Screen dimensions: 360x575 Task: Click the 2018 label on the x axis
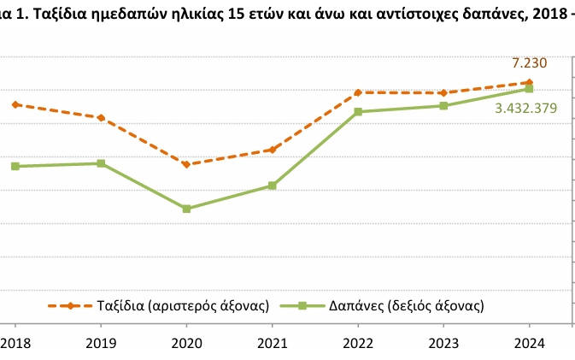(x=15, y=343)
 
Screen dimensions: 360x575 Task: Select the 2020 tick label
(x=186, y=343)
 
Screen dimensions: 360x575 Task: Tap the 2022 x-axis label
(x=358, y=343)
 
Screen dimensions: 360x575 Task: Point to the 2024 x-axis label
(x=529, y=343)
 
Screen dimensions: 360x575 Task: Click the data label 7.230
(x=528, y=62)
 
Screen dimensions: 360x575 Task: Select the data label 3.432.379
(x=526, y=108)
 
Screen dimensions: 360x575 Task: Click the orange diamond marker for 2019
(x=101, y=117)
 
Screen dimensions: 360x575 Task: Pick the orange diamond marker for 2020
(x=186, y=164)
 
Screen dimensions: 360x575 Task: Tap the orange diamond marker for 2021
(x=272, y=150)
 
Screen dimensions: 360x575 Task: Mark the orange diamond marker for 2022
(x=358, y=92)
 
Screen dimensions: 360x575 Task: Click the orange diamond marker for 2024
(x=529, y=82)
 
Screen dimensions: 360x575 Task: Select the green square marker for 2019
(x=101, y=163)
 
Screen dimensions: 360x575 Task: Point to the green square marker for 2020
(x=186, y=209)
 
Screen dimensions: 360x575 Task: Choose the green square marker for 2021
(x=272, y=186)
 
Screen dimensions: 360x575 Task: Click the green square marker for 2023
(x=443, y=106)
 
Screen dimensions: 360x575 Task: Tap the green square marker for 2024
(x=529, y=89)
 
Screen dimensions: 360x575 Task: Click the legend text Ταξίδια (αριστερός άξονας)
(x=185, y=305)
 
